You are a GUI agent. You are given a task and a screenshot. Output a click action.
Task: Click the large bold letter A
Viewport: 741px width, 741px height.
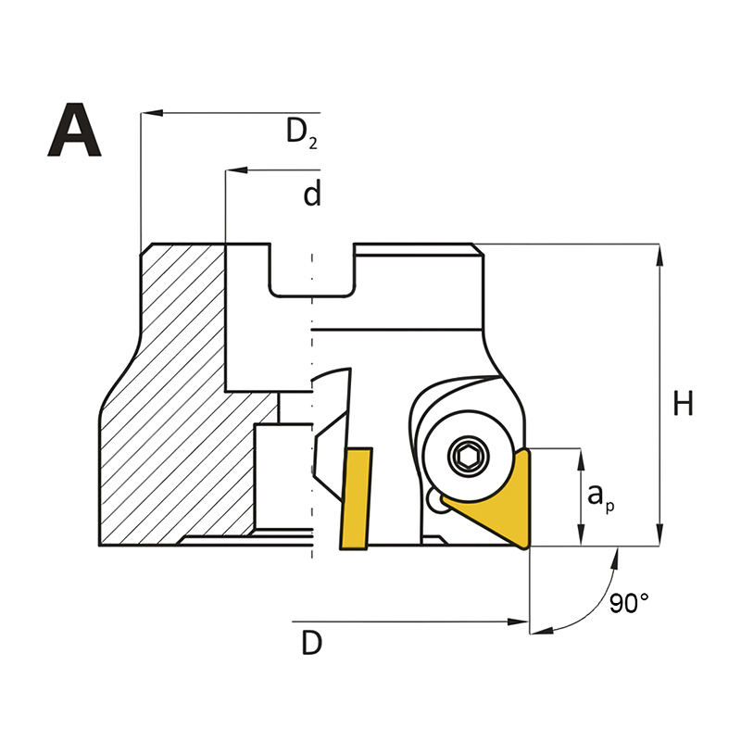coord(74,130)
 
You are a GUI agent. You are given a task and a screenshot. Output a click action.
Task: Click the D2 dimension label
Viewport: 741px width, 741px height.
coord(302,132)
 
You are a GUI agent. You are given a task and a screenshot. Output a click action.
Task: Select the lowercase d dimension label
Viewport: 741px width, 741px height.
coord(312,193)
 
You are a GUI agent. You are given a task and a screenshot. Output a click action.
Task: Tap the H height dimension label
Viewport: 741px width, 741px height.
coord(683,404)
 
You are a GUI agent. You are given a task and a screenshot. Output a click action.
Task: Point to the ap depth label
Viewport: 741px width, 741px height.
coord(600,498)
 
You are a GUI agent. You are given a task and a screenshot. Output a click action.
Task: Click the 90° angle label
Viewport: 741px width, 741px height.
coord(629,603)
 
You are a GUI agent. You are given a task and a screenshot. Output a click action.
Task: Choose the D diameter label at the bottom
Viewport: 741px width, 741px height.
coord(312,643)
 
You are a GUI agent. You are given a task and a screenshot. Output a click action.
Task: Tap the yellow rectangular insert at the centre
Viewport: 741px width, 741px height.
coord(356,498)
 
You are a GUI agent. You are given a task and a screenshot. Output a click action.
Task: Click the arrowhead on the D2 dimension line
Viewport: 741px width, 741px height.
coord(152,113)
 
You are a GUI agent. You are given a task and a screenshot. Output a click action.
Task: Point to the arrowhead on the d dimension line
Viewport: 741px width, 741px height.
coord(236,170)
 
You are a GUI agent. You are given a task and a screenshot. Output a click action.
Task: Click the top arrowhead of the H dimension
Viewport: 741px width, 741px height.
coord(659,255)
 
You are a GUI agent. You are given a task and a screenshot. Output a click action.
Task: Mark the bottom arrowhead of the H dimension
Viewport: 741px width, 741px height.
coord(659,535)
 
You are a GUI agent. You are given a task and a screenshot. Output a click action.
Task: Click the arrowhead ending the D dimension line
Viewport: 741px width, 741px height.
coord(518,622)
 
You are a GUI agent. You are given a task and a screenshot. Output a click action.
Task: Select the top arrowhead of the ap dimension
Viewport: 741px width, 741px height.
coord(582,459)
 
